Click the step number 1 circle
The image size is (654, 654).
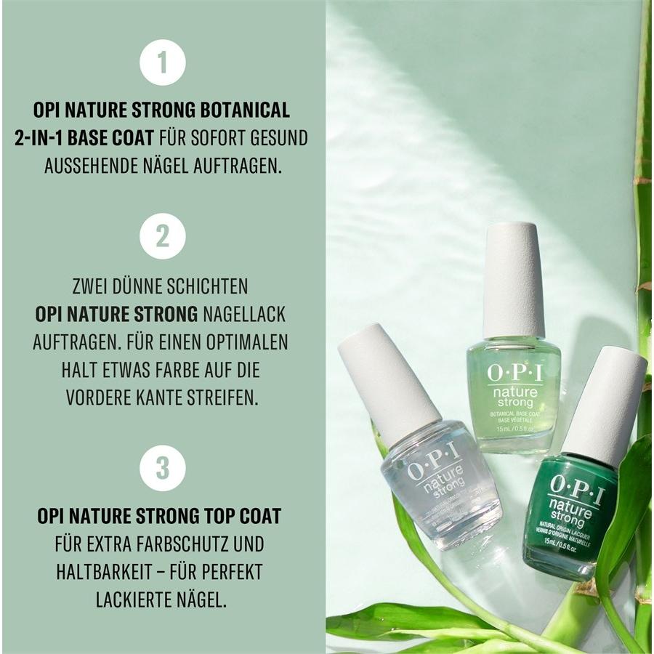tap(162, 62)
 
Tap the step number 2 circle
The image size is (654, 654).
tap(162, 236)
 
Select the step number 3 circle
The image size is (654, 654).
tap(162, 467)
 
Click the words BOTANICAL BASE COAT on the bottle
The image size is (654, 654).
tap(512, 415)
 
